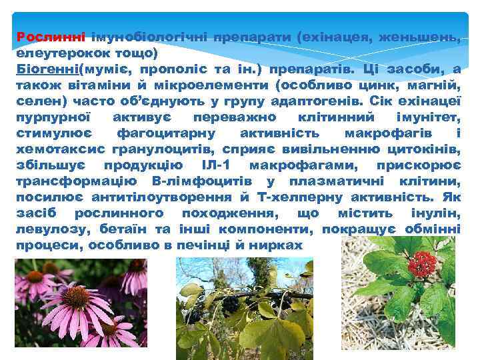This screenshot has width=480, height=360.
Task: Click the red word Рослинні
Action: click(41, 36)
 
